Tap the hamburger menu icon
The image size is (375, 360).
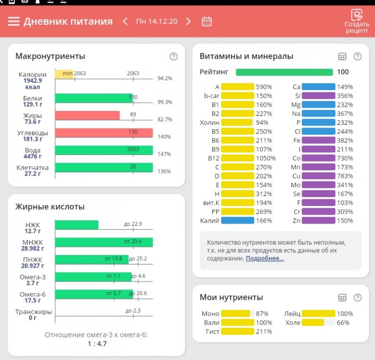(x=14, y=22)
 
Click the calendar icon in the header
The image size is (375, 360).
(x=207, y=22)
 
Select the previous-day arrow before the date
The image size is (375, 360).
(x=125, y=22)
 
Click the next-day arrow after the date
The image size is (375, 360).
(x=189, y=22)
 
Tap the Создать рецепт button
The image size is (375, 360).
(x=357, y=22)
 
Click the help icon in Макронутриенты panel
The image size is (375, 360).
(x=174, y=56)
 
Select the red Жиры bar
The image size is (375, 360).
(x=87, y=115)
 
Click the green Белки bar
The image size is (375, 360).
(x=94, y=98)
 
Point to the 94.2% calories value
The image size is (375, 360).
(x=164, y=78)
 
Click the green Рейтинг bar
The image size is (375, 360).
(x=284, y=72)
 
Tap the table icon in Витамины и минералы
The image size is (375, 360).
(x=342, y=56)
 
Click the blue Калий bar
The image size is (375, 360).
(x=237, y=221)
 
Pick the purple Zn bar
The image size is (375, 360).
(x=318, y=221)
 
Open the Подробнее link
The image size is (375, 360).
(x=265, y=258)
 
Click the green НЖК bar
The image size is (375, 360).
(x=77, y=225)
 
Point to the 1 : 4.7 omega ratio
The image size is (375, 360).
(x=97, y=343)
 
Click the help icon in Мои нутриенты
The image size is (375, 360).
(x=357, y=298)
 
